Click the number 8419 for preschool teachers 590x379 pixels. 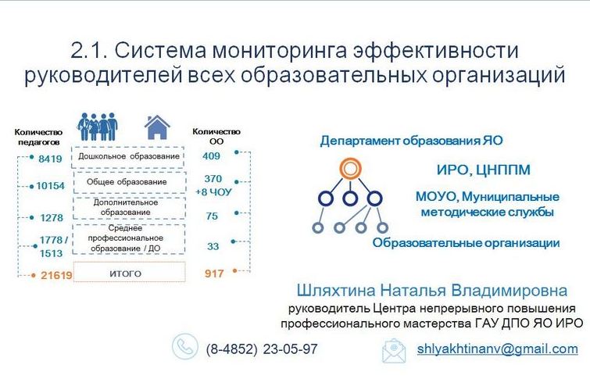pyautogui.click(x=50, y=159)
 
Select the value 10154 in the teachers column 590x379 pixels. pyautogui.click(x=51, y=185)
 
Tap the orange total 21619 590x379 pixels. pyautogui.click(x=56, y=275)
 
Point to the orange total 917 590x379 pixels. pyautogui.click(x=214, y=274)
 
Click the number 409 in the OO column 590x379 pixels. pyautogui.click(x=211, y=156)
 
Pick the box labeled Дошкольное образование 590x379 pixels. pyautogui.click(x=128, y=157)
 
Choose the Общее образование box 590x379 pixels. pyautogui.click(x=130, y=183)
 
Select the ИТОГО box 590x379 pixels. pyautogui.click(x=129, y=272)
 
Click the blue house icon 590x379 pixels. pyautogui.click(x=157, y=127)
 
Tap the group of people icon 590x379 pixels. pyautogui.click(x=98, y=127)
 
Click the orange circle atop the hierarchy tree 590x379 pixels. pyautogui.click(x=350, y=168)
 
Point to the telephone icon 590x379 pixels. pyautogui.click(x=184, y=346)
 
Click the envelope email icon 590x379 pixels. pyautogui.click(x=394, y=351)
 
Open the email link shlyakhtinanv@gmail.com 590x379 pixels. pyautogui.click(x=498, y=349)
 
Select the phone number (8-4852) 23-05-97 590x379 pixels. pyautogui.click(x=262, y=349)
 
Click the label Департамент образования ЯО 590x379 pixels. pyautogui.click(x=411, y=141)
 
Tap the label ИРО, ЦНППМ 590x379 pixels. pyautogui.click(x=484, y=170)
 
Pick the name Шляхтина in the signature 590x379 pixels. pyautogui.click(x=336, y=291)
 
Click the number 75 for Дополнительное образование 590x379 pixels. pyautogui.click(x=212, y=216)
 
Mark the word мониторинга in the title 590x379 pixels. pyautogui.click(x=280, y=51)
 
